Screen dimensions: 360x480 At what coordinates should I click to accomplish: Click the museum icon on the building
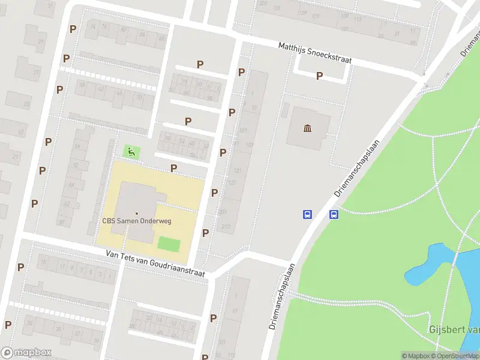click(x=308, y=128)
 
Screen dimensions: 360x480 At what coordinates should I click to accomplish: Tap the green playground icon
click(x=131, y=152)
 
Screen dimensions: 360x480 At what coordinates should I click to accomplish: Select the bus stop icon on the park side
click(x=334, y=214)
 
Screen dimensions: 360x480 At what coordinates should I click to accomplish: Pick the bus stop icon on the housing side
click(x=307, y=214)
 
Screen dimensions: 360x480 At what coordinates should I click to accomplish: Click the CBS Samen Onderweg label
click(x=137, y=221)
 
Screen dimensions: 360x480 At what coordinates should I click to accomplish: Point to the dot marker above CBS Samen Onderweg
click(x=137, y=213)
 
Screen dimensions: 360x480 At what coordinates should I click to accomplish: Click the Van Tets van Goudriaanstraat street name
click(x=155, y=263)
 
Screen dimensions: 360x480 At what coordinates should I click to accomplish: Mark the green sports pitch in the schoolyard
click(x=169, y=244)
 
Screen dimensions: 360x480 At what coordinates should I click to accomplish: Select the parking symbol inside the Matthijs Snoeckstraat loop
click(x=319, y=76)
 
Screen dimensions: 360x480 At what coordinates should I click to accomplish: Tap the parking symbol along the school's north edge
click(x=174, y=169)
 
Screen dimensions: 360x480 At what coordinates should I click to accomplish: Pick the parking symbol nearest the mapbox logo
click(x=8, y=325)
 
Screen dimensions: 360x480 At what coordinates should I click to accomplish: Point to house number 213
click(x=226, y=226)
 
